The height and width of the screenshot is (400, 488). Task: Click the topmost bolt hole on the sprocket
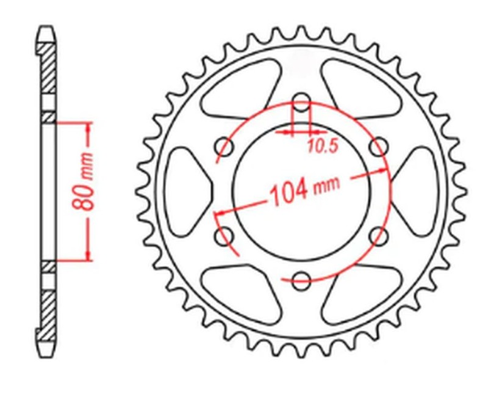point(301,102)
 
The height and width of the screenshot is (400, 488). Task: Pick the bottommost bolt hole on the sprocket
point(301,282)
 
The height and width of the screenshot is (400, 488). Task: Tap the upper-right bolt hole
point(379,146)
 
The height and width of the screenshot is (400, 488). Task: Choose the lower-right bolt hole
point(379,236)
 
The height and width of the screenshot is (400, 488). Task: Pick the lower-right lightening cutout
point(360,293)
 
